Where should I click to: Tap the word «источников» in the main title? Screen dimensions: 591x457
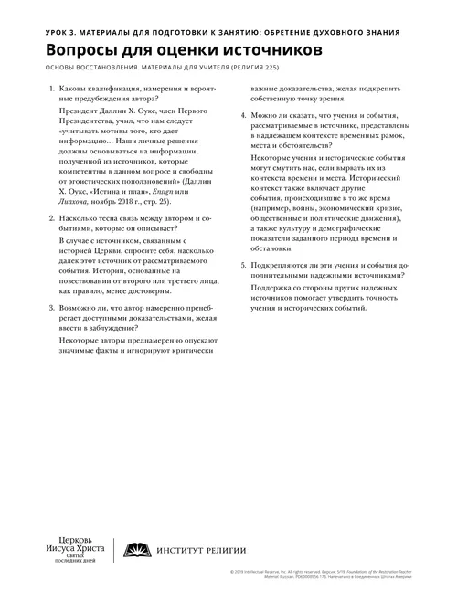(x=270, y=52)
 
